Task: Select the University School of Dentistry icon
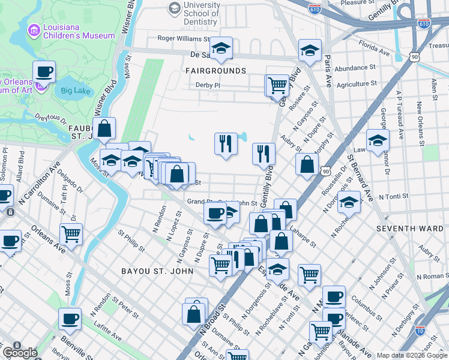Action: pos(175,8)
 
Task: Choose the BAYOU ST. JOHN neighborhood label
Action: pos(157,271)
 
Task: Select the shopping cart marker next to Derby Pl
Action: pos(277,85)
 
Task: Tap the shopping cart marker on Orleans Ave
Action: pos(71,233)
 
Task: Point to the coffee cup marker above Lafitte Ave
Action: pos(70,319)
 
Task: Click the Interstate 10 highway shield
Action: pos(420,330)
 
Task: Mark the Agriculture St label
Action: pos(357,84)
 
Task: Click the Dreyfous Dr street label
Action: pos(49,121)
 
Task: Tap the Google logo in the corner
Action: pos(20,353)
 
